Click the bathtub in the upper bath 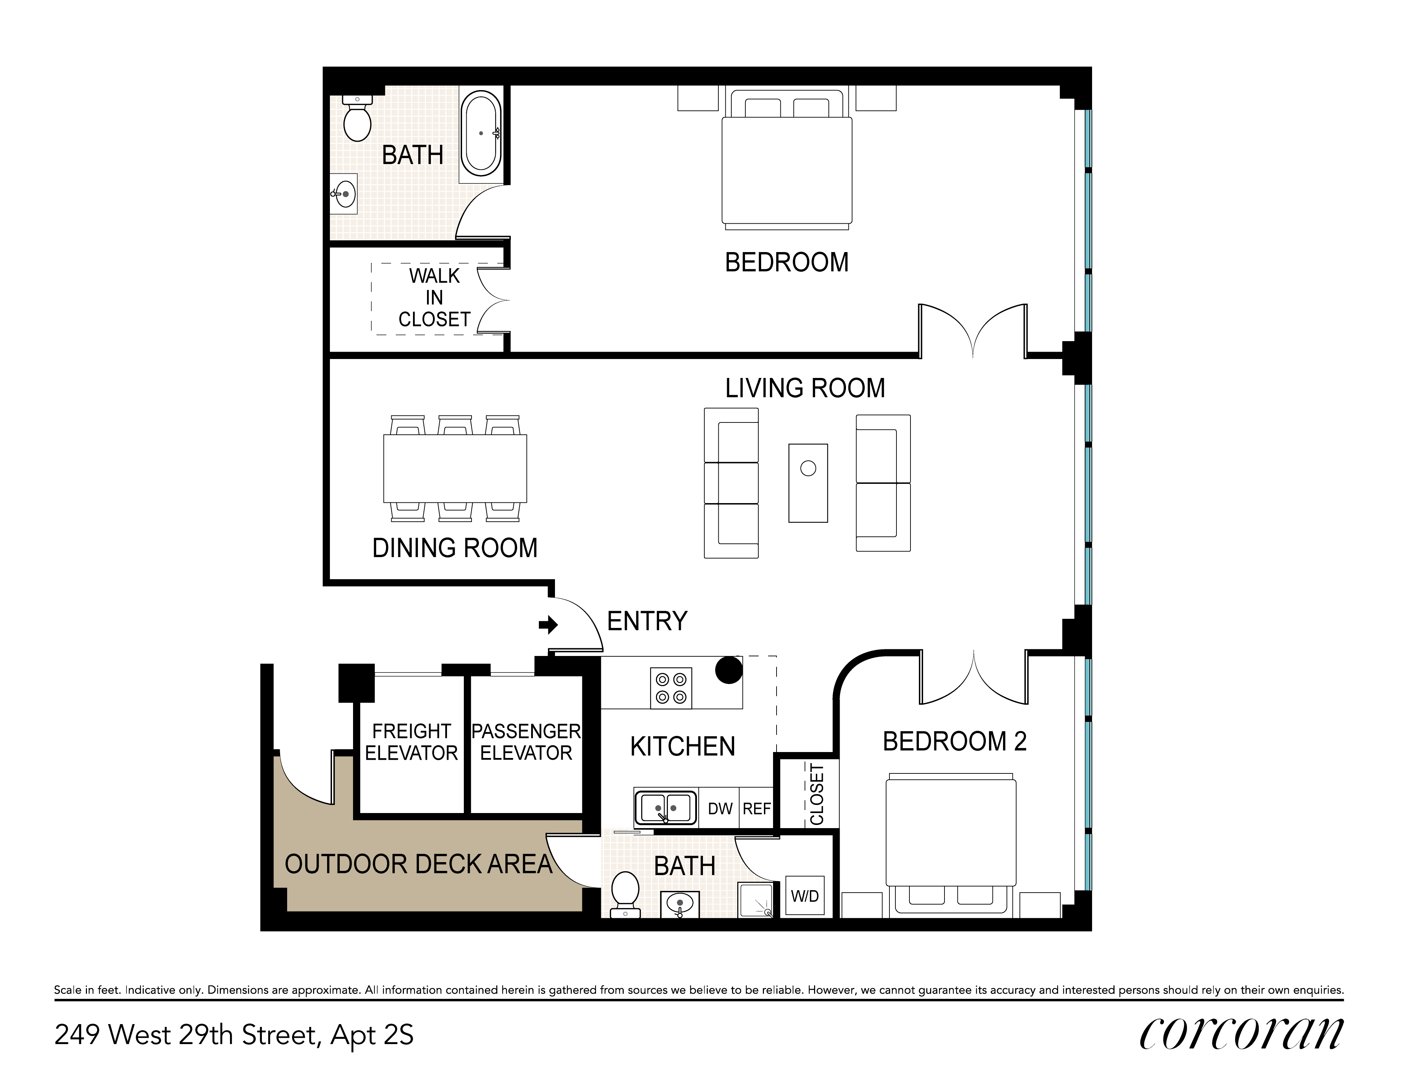point(481,134)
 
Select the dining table point(455,468)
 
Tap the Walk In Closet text point(435,298)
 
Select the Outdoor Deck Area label point(418,864)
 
